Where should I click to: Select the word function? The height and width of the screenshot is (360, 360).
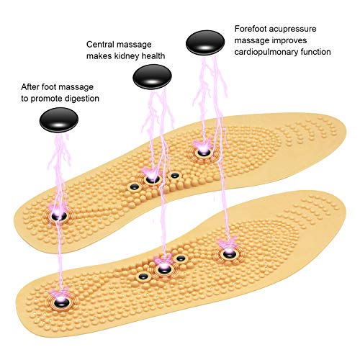[x=313, y=52]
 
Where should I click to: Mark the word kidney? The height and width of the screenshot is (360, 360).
[x=129, y=56]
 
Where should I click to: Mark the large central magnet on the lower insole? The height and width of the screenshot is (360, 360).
[x=163, y=271]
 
